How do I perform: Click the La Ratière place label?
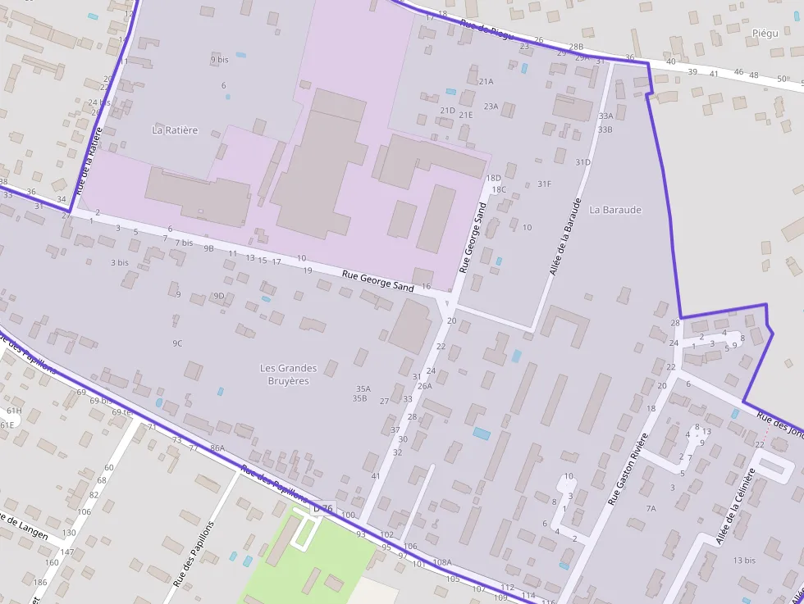pos(175,129)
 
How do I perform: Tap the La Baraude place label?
pos(615,210)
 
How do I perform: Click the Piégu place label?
pos(765,33)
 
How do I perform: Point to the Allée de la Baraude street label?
pos(566,236)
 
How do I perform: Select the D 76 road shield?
pos(323,509)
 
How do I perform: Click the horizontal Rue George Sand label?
pos(378,280)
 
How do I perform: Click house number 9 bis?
pos(219,59)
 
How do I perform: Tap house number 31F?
pos(544,184)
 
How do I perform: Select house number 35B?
pos(359,398)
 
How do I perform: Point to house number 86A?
pos(217,448)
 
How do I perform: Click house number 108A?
pos(442,562)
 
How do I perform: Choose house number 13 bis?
pos(744,561)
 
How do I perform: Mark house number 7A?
pos(651,508)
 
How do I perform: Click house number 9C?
pos(177,343)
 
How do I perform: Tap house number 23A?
pos(491,106)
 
